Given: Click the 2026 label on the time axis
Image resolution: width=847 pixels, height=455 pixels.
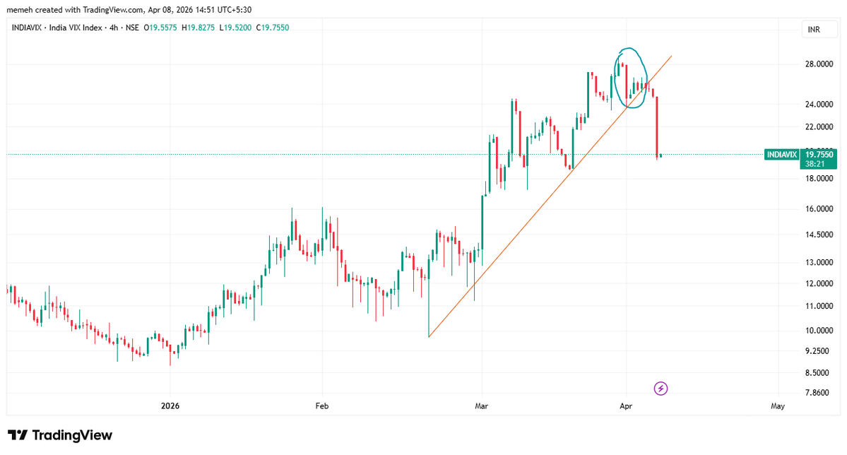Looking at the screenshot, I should pyautogui.click(x=170, y=406).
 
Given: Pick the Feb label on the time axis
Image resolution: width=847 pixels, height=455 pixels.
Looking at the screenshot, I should pyautogui.click(x=321, y=406).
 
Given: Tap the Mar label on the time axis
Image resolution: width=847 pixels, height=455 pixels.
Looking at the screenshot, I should pyautogui.click(x=482, y=406).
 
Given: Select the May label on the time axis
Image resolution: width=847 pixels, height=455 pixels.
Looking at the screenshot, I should pyautogui.click(x=778, y=406).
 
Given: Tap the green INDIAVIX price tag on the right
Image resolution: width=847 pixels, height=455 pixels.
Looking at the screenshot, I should pyautogui.click(x=781, y=155).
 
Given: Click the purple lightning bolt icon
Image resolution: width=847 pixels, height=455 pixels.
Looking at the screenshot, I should pyautogui.click(x=661, y=388).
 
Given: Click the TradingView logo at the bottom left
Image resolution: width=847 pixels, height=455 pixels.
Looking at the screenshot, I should pyautogui.click(x=60, y=435).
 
